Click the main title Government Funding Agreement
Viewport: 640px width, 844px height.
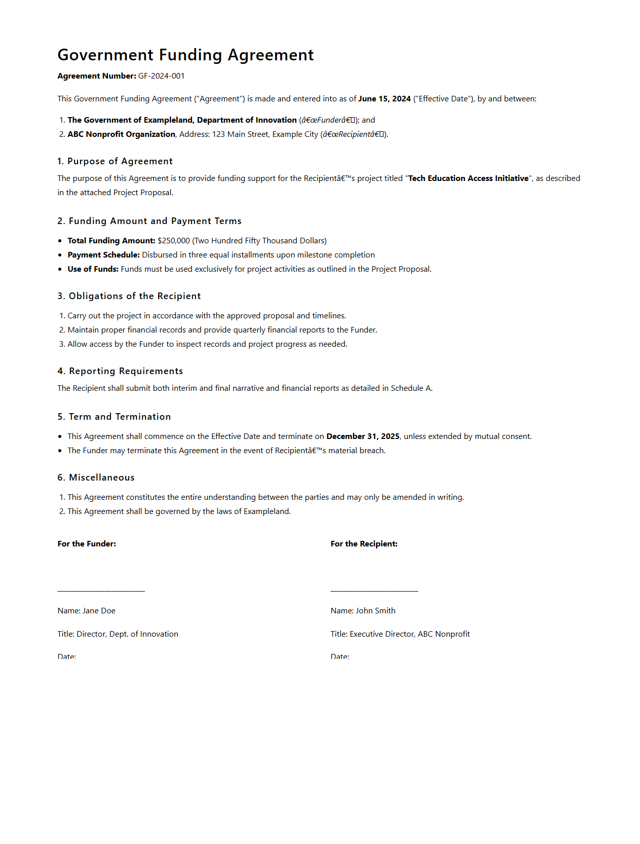(185, 55)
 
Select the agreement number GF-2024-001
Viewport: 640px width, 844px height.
(161, 76)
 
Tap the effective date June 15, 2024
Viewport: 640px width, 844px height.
(384, 99)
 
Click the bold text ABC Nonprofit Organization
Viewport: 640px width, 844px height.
(121, 134)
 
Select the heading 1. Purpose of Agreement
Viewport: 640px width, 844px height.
(115, 161)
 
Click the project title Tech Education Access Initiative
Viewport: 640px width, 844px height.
(468, 178)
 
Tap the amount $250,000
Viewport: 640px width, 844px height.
(173, 241)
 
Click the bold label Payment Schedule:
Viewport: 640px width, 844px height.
(103, 255)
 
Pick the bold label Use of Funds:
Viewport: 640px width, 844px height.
(93, 269)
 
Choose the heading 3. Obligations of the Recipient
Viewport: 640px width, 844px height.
(129, 296)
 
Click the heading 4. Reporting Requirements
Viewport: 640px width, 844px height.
(120, 371)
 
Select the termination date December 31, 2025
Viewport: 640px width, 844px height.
(363, 436)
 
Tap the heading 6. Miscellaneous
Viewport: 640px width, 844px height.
(96, 478)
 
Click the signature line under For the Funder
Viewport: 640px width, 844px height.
(101, 590)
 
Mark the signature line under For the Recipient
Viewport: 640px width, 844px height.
(374, 590)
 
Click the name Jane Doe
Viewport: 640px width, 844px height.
(99, 611)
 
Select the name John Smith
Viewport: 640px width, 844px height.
(375, 611)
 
